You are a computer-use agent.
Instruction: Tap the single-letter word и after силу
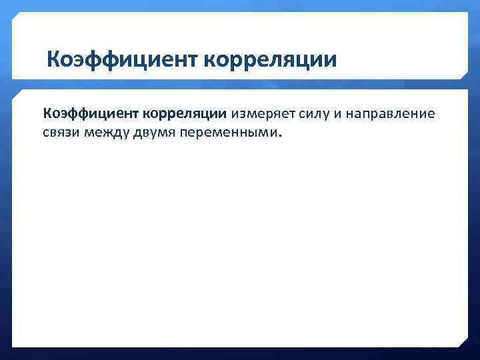point(337,114)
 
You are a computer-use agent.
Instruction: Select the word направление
point(389,114)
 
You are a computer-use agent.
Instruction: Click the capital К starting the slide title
point(54,61)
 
